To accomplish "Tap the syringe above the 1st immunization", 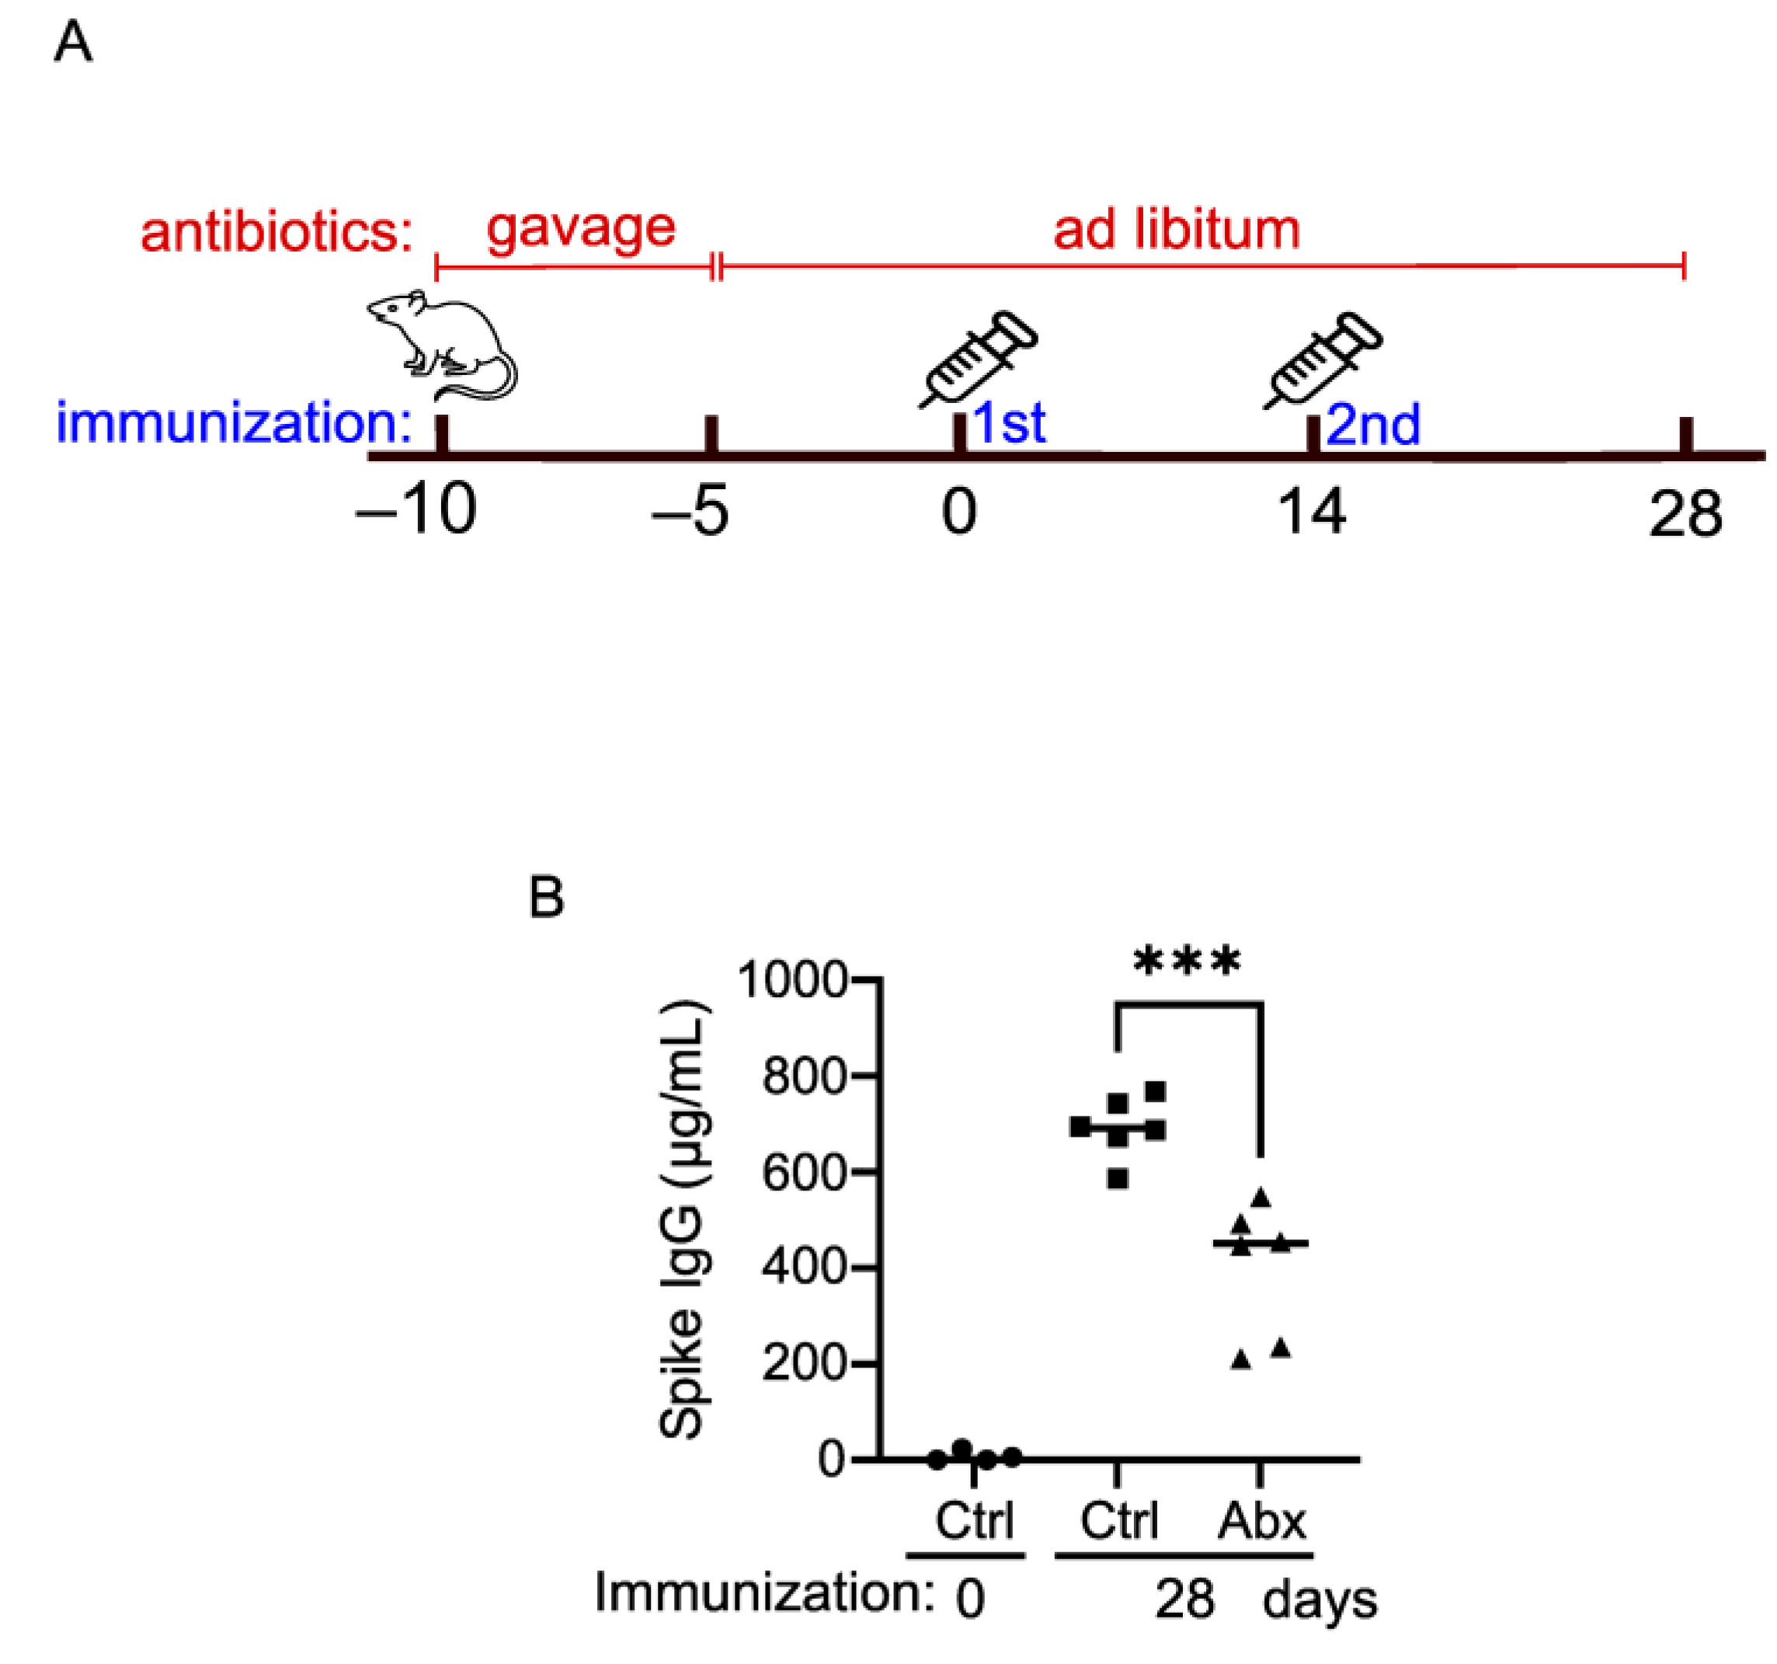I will pyautogui.click(x=979, y=356).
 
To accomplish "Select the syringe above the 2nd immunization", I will pyautogui.click(x=1323, y=357).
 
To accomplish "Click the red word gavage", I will pyautogui.click(x=581, y=229).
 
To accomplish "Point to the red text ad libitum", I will pyautogui.click(x=1175, y=229).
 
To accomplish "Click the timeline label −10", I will pyautogui.click(x=416, y=511).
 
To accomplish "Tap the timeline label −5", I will pyautogui.click(x=691, y=511).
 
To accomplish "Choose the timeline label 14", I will pyautogui.click(x=1311, y=512).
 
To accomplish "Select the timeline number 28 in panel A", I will pyautogui.click(x=1685, y=514).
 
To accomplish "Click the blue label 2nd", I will pyautogui.click(x=1373, y=425).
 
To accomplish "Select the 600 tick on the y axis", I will pyautogui.click(x=805, y=1172).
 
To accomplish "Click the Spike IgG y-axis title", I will pyautogui.click(x=683, y=1221).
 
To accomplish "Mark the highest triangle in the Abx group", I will pyautogui.click(x=1261, y=1197).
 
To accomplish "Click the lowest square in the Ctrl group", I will pyautogui.click(x=1118, y=1179).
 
